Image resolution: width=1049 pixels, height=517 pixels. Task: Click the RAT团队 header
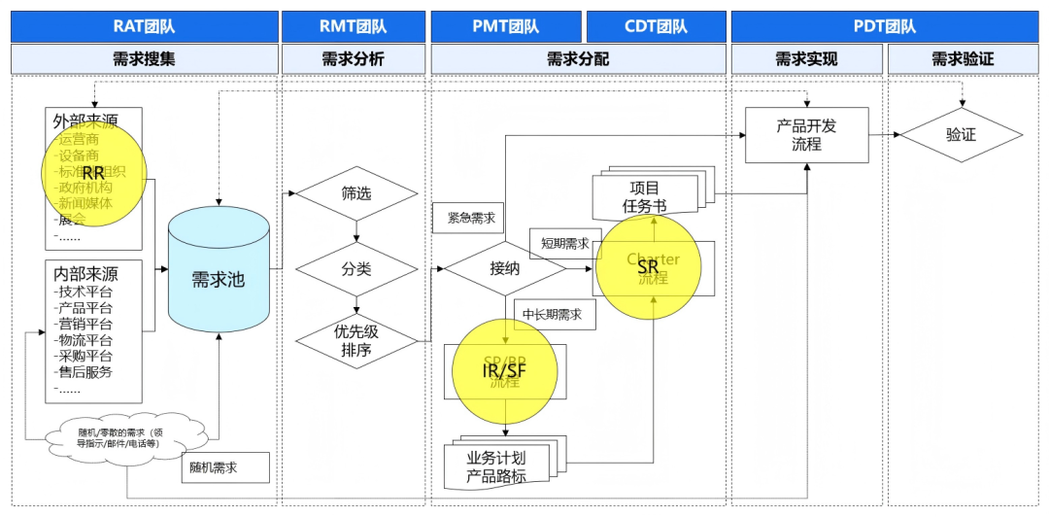point(144,26)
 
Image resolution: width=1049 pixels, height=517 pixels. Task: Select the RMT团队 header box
point(354,26)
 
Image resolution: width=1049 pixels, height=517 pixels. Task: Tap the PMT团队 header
point(506,26)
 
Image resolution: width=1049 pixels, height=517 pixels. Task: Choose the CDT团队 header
point(656,26)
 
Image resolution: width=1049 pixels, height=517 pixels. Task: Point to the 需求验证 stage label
point(963,59)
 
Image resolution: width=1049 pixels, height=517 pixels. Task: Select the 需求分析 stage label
point(354,59)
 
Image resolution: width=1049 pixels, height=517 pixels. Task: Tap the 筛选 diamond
point(355,192)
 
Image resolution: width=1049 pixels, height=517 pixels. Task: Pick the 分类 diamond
point(355,268)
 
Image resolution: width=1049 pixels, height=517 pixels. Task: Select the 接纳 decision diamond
point(504,268)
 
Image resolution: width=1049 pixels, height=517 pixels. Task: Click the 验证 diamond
point(961,135)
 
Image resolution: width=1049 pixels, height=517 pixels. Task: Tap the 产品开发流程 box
point(806,135)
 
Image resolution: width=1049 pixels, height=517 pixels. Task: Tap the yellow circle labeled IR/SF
point(505,373)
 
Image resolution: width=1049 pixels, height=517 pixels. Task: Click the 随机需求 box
point(224,467)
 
